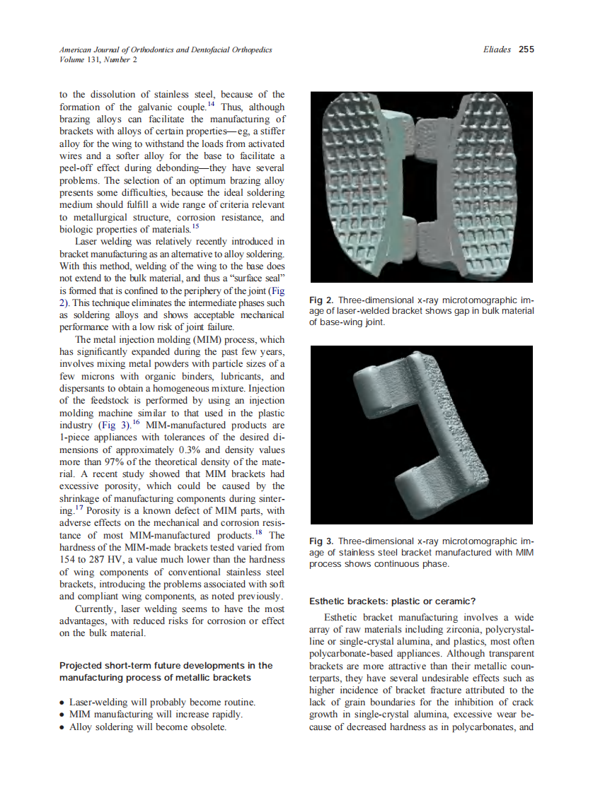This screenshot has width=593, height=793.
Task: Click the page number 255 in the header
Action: (x=526, y=49)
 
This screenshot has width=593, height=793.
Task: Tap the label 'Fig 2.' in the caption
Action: (x=322, y=301)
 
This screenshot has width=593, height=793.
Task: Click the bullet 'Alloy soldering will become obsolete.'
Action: (x=147, y=727)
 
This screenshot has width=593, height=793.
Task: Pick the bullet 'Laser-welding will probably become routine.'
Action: (x=161, y=703)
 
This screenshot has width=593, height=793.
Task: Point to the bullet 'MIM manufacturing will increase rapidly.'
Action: (x=156, y=715)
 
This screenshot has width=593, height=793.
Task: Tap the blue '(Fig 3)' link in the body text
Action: (x=113, y=426)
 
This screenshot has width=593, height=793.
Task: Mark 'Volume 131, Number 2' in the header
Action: (x=98, y=60)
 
